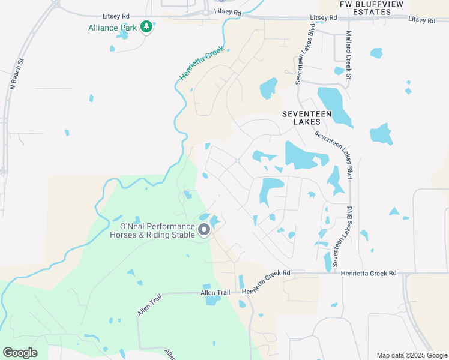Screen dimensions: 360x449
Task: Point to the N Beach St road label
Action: pyautogui.click(x=16, y=74)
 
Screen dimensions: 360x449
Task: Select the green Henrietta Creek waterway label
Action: pyautogui.click(x=201, y=64)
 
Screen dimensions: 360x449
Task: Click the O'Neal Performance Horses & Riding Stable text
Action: pyautogui.click(x=157, y=230)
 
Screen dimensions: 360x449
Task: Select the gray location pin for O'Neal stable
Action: pyautogui.click(x=204, y=229)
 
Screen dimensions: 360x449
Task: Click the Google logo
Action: pyautogui.click(x=20, y=353)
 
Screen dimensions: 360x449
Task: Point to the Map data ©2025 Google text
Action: pyautogui.click(x=411, y=355)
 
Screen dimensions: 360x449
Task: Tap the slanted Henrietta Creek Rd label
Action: pyautogui.click(x=266, y=282)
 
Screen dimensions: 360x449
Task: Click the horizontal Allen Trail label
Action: pyautogui.click(x=215, y=293)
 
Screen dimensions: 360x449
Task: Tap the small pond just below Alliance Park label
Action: pyautogui.click(x=124, y=35)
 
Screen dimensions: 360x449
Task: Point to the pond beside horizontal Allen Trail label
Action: pyautogui.click(x=213, y=299)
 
